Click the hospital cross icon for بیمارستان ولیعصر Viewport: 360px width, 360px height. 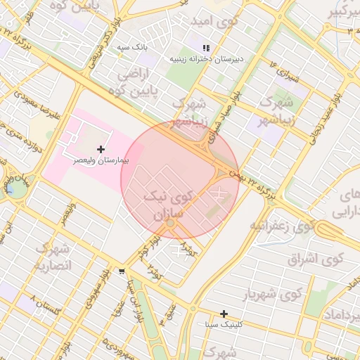click(101, 149)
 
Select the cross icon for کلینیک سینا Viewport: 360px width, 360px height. click(224, 314)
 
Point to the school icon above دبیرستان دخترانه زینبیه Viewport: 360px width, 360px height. click(206, 48)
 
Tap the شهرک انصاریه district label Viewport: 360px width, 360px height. click(53, 257)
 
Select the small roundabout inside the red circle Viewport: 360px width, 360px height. click(170, 223)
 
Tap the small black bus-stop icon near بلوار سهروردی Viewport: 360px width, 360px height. click(123, 271)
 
